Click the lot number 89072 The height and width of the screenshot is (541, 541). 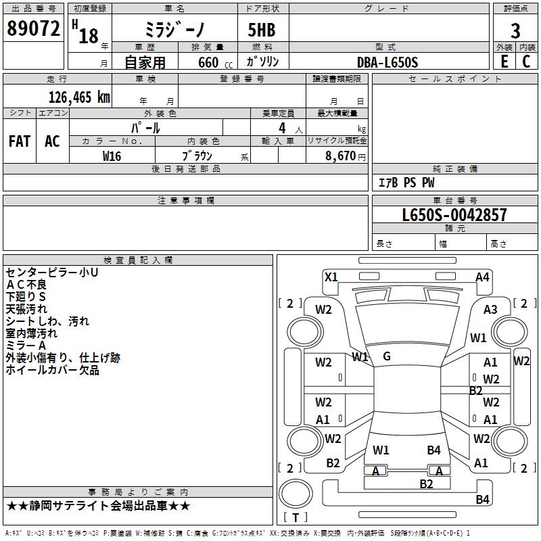tap(33, 29)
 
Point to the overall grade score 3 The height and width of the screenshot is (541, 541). tap(515, 30)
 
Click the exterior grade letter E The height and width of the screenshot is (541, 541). tap(504, 62)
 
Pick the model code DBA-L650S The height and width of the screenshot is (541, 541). tap(387, 62)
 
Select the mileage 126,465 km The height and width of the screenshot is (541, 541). tap(78, 97)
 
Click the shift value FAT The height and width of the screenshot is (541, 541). tap(20, 141)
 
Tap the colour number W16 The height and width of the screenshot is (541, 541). tap(112, 156)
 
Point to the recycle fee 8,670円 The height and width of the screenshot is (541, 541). tap(346, 156)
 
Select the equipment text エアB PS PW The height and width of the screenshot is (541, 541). tap(406, 183)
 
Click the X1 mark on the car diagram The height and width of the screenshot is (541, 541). tap(331, 277)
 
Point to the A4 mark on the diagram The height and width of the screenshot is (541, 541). tap(482, 277)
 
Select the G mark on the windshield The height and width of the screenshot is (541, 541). tap(387, 356)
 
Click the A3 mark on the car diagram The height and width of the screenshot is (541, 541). tap(490, 309)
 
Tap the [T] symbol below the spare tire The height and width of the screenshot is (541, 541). tap(296, 518)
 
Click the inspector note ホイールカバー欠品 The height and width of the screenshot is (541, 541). tap(53, 370)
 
